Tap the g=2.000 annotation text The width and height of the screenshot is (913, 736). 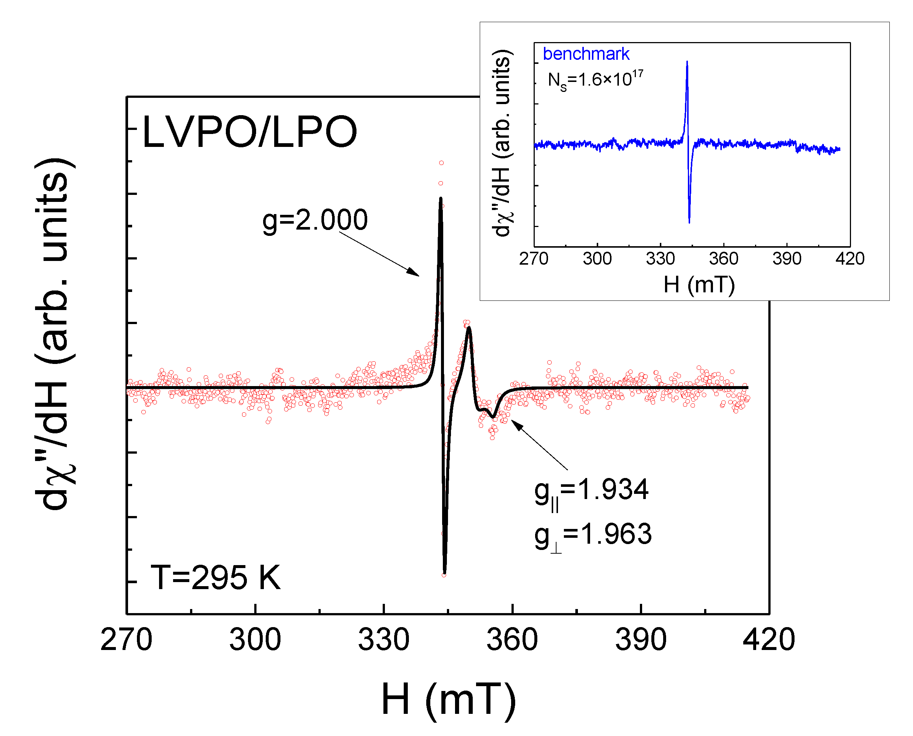[x=314, y=220]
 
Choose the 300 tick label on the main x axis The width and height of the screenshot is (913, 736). [x=255, y=640]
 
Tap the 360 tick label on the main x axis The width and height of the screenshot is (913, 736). [x=512, y=640]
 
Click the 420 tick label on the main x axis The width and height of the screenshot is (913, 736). [x=768, y=640]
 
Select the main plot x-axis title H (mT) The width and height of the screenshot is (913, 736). [x=448, y=699]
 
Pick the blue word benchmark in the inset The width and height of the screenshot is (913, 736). [x=586, y=54]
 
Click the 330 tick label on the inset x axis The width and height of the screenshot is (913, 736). [x=660, y=259]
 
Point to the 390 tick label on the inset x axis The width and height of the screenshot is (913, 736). [x=787, y=259]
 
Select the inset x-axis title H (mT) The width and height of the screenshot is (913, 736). [x=699, y=285]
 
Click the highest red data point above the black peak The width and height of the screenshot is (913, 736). [x=441, y=163]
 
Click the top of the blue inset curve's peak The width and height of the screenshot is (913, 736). [x=687, y=62]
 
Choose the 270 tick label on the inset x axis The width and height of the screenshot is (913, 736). [x=534, y=259]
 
